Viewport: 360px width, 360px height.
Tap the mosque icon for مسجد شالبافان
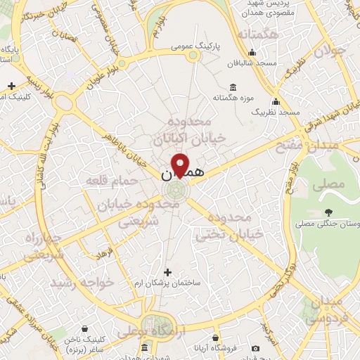[252, 53]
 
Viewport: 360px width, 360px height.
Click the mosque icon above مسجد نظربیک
[276, 101]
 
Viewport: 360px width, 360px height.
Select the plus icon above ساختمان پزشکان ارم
[167, 271]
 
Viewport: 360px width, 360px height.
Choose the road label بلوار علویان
[106, 72]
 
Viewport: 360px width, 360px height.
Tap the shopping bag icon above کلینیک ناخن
[84, 328]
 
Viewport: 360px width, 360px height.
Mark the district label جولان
[331, 51]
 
